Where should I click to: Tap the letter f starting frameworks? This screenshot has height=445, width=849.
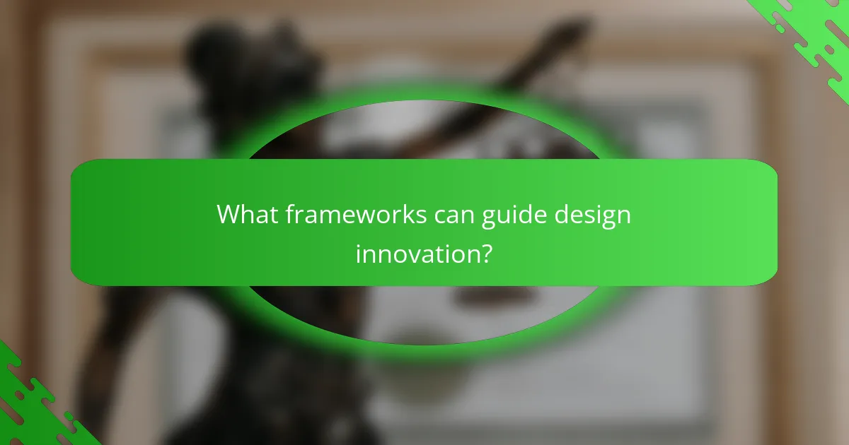[289, 213]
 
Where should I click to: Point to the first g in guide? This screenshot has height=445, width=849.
[490, 217]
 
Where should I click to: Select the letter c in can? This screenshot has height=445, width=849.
[440, 215]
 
